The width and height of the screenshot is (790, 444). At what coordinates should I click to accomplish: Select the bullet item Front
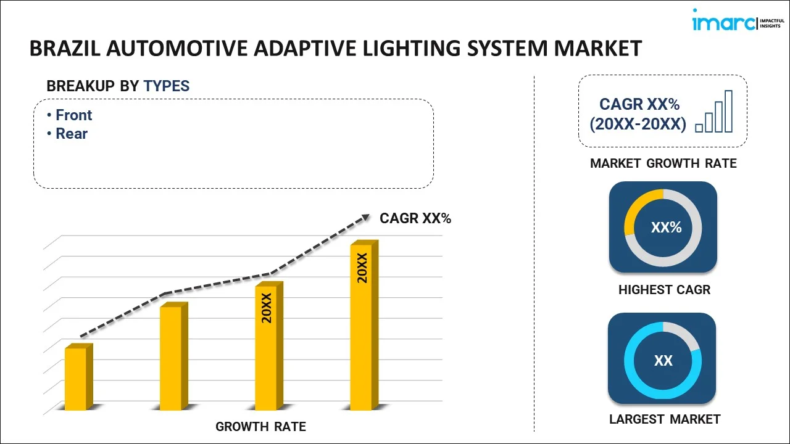(x=73, y=115)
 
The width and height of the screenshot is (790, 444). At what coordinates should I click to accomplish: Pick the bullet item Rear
(x=72, y=134)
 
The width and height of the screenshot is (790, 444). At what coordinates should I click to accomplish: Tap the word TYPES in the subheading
(x=167, y=86)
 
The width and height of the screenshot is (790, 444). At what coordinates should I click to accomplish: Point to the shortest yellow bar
(x=76, y=379)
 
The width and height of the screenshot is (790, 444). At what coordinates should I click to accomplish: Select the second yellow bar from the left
(x=171, y=358)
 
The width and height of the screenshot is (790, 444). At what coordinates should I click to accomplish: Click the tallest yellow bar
(x=361, y=327)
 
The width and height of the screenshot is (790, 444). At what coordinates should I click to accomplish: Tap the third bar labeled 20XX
(x=266, y=348)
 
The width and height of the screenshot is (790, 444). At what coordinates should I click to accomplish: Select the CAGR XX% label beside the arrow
(x=415, y=218)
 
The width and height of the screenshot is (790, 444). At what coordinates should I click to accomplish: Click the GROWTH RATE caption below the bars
(x=260, y=427)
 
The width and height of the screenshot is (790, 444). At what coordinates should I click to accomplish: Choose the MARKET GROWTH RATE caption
(x=663, y=163)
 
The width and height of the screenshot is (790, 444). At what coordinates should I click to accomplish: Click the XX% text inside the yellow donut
(x=666, y=228)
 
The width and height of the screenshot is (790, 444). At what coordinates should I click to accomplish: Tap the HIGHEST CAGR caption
(x=664, y=290)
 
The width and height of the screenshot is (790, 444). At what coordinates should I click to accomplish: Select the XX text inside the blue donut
(x=663, y=361)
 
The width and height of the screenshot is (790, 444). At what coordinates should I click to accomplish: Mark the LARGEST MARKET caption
(x=665, y=419)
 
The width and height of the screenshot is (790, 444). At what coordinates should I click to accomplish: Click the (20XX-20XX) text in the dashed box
(x=638, y=125)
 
